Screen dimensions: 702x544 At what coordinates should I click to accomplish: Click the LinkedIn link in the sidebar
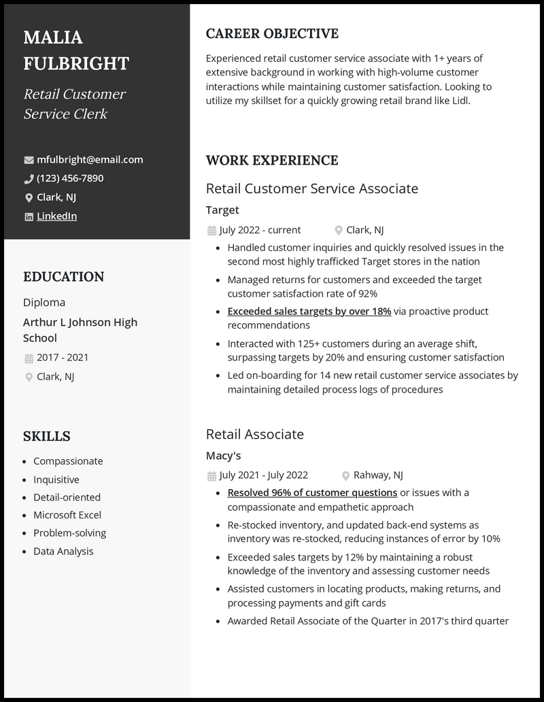point(56,216)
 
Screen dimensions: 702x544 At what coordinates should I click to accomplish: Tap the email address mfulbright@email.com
point(90,160)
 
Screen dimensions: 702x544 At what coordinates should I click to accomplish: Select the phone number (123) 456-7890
point(70,178)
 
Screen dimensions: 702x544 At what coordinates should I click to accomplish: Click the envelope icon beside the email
point(29,161)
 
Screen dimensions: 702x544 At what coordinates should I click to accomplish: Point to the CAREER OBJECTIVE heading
point(272,33)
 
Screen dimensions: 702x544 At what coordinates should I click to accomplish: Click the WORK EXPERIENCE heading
point(272,161)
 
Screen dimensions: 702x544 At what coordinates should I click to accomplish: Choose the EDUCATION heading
point(64,277)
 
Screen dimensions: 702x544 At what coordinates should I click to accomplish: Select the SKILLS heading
point(47,436)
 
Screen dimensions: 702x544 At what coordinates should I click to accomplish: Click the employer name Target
point(222,210)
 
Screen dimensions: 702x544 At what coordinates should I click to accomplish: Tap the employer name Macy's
point(224,456)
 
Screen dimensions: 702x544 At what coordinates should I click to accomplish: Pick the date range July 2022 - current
point(260,230)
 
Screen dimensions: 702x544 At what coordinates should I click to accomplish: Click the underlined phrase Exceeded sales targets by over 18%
point(309,312)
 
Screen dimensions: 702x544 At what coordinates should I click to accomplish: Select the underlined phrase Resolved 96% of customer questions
point(312,492)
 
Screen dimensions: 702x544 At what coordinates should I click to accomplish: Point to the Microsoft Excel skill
point(67,515)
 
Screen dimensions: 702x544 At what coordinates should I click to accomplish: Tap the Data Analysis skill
point(63,551)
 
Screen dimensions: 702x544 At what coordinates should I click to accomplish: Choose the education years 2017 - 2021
point(63,358)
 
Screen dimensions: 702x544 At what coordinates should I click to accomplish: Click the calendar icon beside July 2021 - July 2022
point(211,475)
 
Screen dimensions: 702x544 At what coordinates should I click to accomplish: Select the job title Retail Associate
point(254,434)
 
